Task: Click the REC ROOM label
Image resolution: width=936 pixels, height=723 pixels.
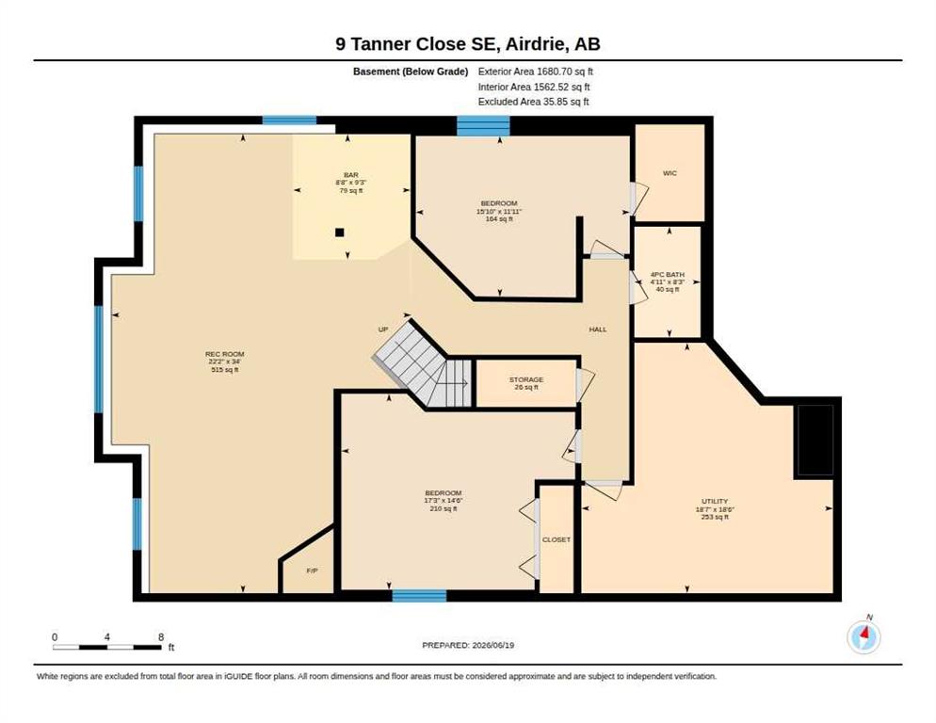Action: point(224,354)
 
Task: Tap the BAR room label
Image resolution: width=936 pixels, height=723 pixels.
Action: point(351,175)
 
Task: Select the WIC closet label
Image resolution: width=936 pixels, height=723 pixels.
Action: point(670,173)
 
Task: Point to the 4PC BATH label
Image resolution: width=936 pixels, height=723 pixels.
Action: point(668,275)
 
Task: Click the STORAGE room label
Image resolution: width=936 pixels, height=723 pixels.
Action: point(525,379)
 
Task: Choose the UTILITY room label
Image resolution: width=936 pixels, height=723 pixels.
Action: point(715,502)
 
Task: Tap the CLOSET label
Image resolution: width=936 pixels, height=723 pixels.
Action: point(557,539)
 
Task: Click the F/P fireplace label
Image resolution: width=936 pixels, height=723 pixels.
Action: point(313,570)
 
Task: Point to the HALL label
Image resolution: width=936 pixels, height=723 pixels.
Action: point(598,329)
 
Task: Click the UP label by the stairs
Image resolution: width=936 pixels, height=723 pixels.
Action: point(383,329)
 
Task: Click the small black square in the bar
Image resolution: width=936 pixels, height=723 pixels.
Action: point(340,233)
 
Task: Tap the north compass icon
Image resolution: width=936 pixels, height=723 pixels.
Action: point(863,637)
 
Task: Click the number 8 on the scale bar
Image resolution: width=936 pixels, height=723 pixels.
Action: point(161,637)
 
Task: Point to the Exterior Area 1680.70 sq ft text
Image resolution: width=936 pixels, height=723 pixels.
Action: point(536,72)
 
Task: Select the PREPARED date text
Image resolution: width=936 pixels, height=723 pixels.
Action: point(468,645)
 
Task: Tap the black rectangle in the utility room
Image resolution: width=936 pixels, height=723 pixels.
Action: point(814,441)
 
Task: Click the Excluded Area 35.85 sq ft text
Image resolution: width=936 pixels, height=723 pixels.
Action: point(534,102)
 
